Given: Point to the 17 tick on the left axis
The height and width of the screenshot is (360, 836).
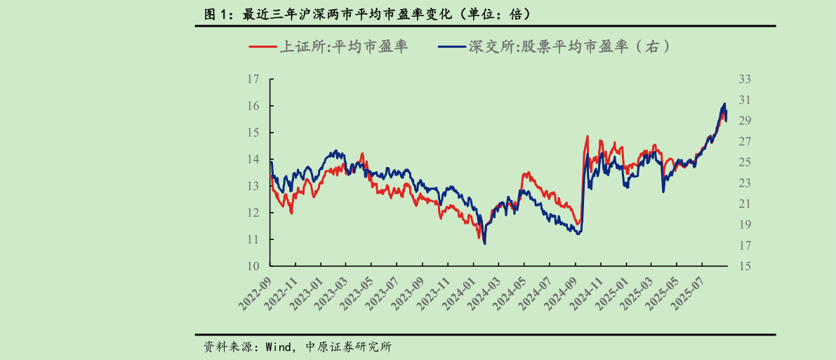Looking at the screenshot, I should coord(253,79).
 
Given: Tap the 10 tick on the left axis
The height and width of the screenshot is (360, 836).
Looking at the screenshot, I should coord(253,266).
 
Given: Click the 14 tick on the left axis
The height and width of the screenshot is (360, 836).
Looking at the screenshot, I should coord(253,159).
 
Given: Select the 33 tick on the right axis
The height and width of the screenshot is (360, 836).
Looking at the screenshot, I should coord(745,79).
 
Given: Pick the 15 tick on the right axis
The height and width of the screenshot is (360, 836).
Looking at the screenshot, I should coord(745,266).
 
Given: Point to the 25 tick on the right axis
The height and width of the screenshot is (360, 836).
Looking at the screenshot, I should coord(745,162).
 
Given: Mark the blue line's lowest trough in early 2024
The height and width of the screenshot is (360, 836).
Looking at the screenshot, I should coord(484,244).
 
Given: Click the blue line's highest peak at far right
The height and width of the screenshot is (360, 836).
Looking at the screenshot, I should coord(724,104).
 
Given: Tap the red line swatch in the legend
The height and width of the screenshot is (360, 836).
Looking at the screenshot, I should coord(263,47).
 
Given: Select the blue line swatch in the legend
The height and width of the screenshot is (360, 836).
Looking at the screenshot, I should coord(452,47).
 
